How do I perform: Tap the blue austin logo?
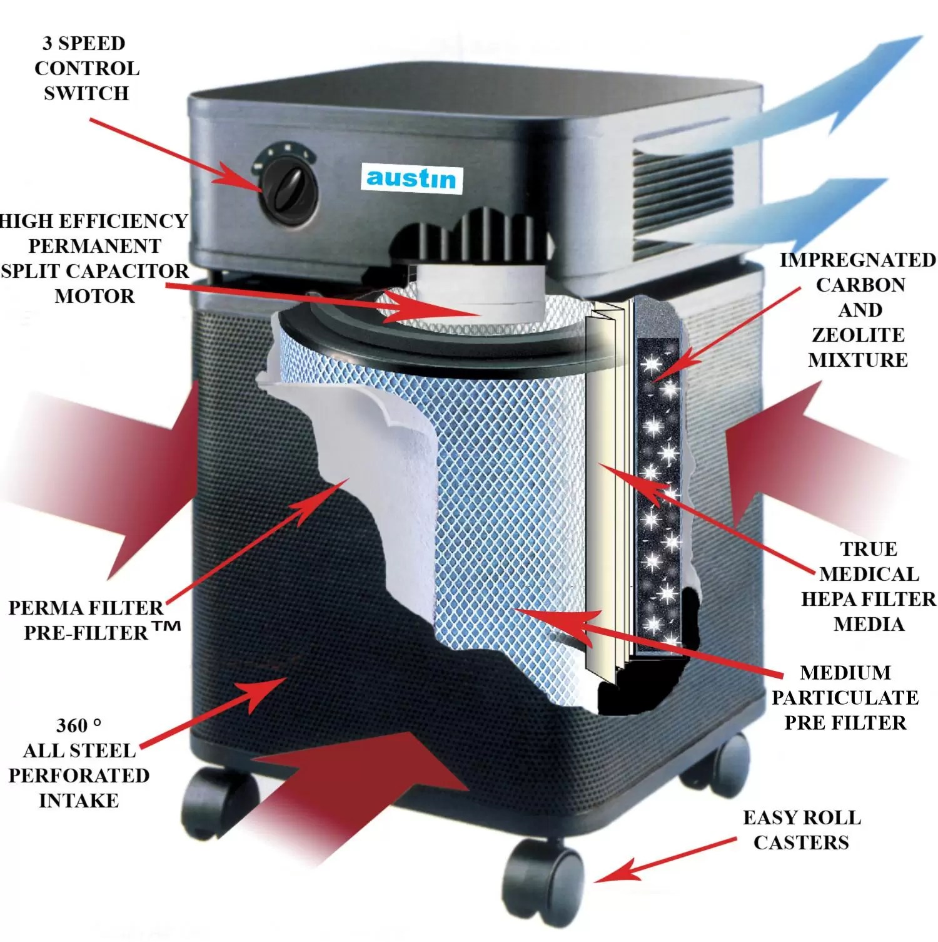pyautogui.click(x=411, y=178)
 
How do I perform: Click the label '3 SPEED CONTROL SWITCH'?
pyautogui.click(x=86, y=68)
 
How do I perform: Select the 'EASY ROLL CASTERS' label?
pyautogui.click(x=802, y=830)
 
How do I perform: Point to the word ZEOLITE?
pyautogui.click(x=858, y=335)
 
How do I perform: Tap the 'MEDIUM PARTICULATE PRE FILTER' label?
pyautogui.click(x=845, y=697)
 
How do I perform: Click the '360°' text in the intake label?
pyautogui.click(x=78, y=725)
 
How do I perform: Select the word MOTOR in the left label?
pyautogui.click(x=94, y=296)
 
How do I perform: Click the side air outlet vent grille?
pyautogui.click(x=682, y=188)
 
